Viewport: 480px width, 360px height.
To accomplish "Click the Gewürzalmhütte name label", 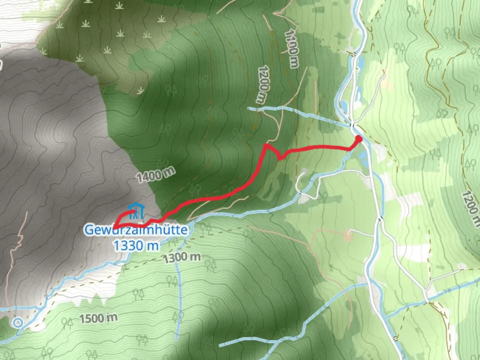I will click(136, 230).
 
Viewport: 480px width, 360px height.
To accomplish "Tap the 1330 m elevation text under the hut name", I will click(136, 246).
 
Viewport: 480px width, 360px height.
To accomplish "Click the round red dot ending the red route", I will click(359, 139).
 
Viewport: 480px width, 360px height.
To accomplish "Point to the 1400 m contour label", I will click(155, 174).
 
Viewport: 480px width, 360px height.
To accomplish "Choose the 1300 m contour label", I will click(182, 257).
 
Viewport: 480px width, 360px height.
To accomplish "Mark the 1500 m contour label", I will click(98, 318).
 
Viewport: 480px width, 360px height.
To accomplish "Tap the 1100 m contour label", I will click(292, 48).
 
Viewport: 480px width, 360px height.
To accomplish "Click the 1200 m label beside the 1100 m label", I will click(263, 84).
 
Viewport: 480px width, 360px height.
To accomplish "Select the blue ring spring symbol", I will click(18, 322).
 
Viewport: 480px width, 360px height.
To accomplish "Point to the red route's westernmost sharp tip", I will click(114, 227).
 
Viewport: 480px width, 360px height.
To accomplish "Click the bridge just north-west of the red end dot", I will click(352, 125).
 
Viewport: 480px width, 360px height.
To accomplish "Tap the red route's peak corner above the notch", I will click(266, 145).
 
